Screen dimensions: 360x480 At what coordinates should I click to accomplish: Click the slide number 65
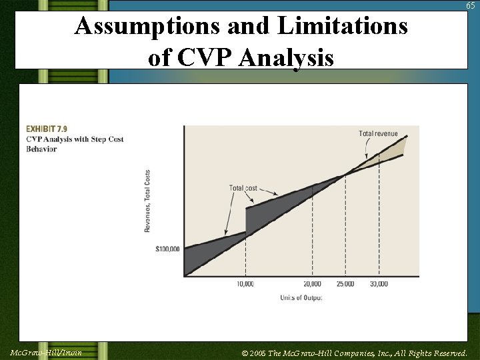pos(470,6)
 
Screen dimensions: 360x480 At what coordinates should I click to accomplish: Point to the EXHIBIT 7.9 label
pos(47,128)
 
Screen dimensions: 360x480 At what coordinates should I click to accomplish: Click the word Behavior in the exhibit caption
pos(41,149)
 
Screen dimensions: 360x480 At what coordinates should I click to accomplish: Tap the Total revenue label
pos(378,133)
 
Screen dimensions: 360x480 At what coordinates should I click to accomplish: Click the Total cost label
pos(243,188)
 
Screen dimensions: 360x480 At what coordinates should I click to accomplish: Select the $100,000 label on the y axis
pos(167,249)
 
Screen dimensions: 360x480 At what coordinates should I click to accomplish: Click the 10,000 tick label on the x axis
pos(245,284)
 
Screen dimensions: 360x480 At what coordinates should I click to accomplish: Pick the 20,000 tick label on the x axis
pos(312,284)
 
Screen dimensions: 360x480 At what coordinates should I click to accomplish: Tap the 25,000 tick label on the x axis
pos(345,284)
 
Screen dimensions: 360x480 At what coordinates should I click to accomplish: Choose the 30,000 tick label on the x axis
pos(379,284)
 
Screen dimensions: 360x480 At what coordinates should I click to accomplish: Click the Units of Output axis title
pos(301,298)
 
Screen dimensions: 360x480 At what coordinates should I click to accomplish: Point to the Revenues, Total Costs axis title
pos(147,201)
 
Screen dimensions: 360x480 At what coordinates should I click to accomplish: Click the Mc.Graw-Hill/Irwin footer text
pos(46,351)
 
